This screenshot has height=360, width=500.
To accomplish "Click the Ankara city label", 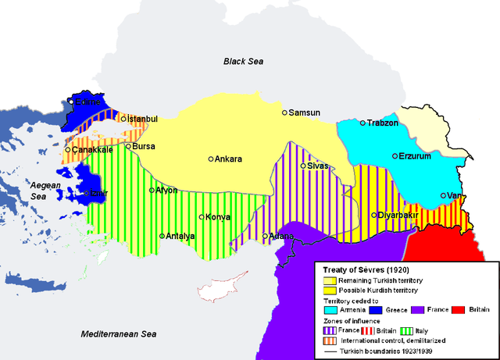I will tap(229, 159).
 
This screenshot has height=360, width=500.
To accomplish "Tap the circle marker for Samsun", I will tap(285, 113).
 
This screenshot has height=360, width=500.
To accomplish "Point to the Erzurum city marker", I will tap(395, 156).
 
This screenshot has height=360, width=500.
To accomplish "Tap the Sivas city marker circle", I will tap(302, 166).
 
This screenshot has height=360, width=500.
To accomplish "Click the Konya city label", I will tap(216, 217).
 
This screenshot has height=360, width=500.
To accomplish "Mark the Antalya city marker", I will tap(162, 236).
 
